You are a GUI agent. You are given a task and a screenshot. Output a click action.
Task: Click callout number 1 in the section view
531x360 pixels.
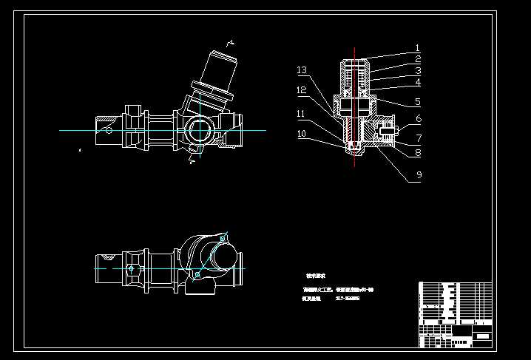[418, 47]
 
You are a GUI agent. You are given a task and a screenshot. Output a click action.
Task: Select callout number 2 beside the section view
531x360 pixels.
[418, 59]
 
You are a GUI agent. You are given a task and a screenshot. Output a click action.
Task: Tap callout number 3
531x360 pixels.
[418, 71]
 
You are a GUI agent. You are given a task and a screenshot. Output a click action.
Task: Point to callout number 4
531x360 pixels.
[418, 83]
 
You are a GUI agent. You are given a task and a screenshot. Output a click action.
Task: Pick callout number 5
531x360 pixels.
[418, 102]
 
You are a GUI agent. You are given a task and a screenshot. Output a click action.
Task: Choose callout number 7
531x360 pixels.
[418, 138]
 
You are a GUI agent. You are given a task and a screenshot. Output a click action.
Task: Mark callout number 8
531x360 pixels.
[418, 154]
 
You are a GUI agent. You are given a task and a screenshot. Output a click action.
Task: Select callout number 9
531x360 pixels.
[418, 175]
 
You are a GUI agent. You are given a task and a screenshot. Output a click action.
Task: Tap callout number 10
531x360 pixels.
[302, 135]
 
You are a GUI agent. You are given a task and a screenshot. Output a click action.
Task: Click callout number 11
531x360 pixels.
[302, 114]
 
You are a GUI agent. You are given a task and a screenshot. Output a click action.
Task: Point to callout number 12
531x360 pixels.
[302, 90]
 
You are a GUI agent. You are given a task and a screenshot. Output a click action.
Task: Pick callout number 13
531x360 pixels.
[302, 70]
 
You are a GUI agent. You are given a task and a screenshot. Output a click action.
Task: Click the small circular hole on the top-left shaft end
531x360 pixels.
[109, 131]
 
